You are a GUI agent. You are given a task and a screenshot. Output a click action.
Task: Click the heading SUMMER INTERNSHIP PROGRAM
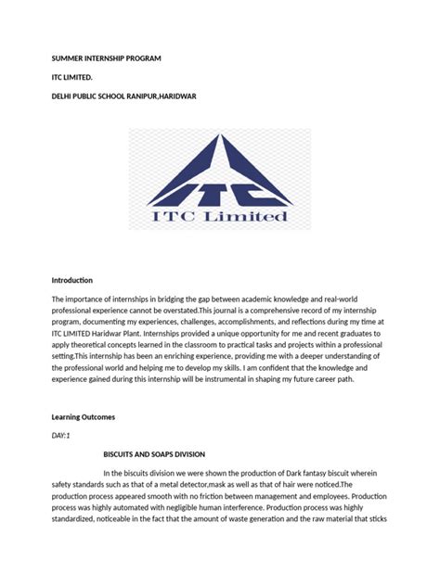click(x=106, y=58)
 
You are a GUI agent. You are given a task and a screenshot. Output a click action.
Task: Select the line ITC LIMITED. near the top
click(x=72, y=77)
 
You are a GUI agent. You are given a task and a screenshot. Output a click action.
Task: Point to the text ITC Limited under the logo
click(x=220, y=216)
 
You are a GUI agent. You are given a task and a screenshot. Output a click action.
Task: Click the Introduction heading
click(x=72, y=280)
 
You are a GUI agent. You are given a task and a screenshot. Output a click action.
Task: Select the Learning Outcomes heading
click(x=84, y=417)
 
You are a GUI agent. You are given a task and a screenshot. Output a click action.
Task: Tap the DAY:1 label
click(x=61, y=435)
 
